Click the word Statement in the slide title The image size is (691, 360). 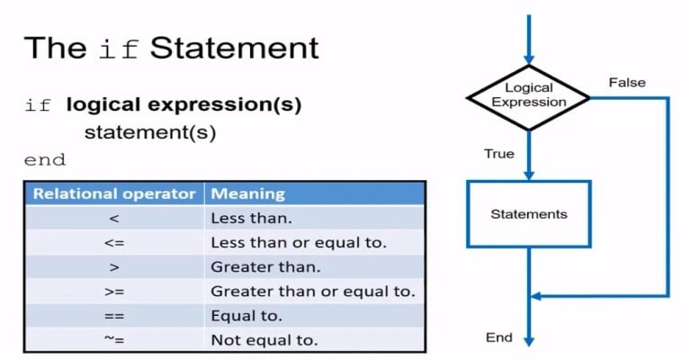[x=235, y=47]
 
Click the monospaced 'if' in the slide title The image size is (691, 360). [x=120, y=48]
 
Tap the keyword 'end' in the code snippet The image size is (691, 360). [x=45, y=160]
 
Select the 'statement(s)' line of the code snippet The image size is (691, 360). [x=151, y=132]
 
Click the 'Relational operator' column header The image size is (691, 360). [x=114, y=193]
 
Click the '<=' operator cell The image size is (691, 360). [x=114, y=243]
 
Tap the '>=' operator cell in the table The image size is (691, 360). [x=114, y=292]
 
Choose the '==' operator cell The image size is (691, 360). [x=114, y=316]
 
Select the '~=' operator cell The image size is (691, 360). [x=114, y=340]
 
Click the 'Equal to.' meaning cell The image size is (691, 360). [x=247, y=316]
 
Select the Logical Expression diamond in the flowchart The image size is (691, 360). [x=529, y=94]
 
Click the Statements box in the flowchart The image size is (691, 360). [x=529, y=214]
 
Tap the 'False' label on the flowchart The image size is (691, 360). [x=627, y=83]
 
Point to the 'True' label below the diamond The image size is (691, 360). [x=499, y=154]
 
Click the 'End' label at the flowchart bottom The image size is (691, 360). [x=498, y=337]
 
